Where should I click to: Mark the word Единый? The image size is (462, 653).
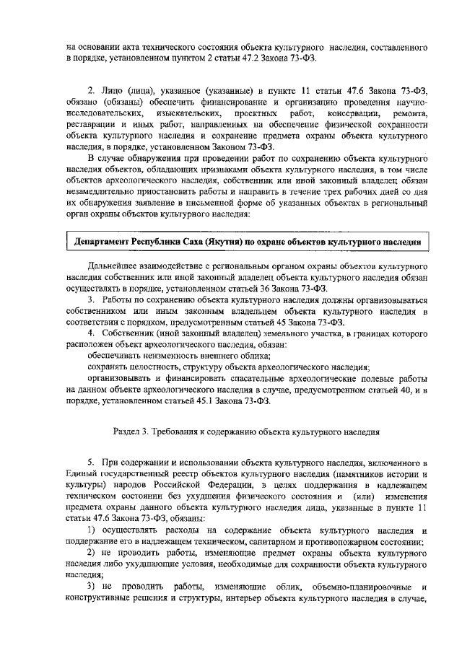pos(80,473)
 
